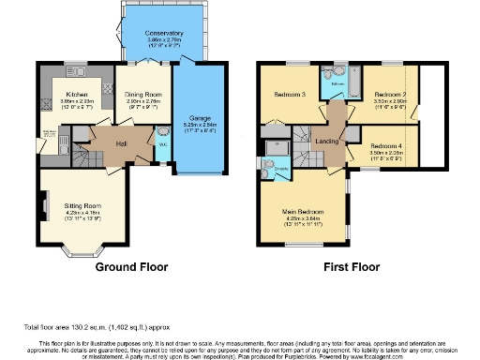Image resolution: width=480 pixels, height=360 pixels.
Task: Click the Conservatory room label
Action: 164,34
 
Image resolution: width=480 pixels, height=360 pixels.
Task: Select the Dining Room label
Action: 145,95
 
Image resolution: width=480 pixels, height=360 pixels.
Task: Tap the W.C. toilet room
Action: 163,146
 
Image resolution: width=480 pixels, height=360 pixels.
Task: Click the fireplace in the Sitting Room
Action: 44,202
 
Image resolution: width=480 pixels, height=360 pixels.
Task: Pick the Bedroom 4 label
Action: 385,145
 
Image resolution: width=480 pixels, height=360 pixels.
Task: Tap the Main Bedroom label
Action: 307,211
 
